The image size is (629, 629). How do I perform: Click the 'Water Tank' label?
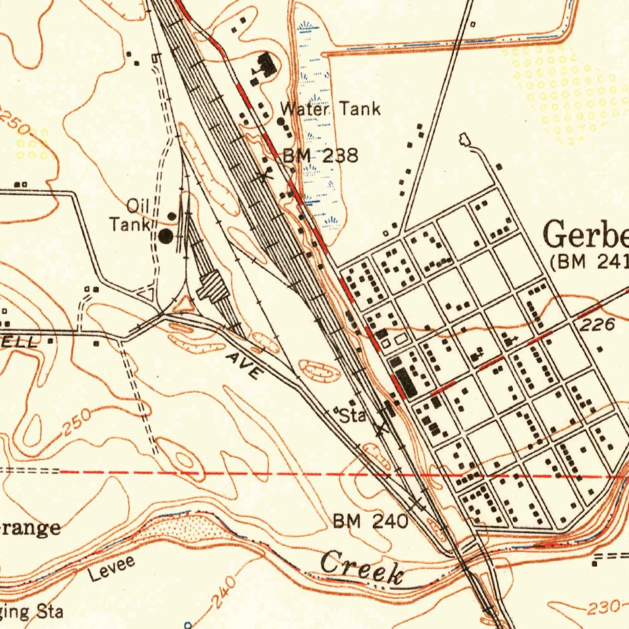click(x=330, y=109)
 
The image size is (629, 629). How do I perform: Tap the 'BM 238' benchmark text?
click(x=320, y=155)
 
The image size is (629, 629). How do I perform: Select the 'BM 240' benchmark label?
click(x=370, y=522)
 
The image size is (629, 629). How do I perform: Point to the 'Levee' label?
click(x=111, y=568)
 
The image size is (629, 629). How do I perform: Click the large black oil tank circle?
click(x=166, y=235)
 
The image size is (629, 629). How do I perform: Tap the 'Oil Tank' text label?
click(x=130, y=216)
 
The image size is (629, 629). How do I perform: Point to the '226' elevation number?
click(x=598, y=326)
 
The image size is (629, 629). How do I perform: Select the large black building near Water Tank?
click(x=265, y=64)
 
